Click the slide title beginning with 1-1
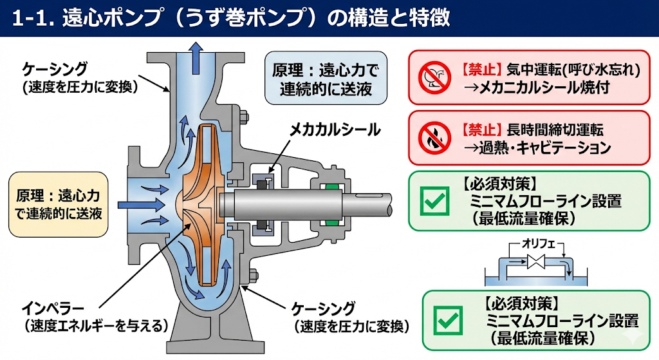[x=231, y=18]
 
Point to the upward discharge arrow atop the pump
[x=196, y=58]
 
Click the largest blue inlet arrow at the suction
[x=141, y=205]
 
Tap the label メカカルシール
[x=335, y=129]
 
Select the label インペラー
[x=53, y=309]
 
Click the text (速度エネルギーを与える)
[x=96, y=326]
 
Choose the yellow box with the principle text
[x=59, y=204]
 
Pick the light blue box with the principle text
[x=326, y=78]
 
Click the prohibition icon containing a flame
[x=434, y=138]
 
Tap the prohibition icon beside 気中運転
[x=434, y=78]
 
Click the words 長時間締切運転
[x=555, y=129]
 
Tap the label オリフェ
[x=539, y=243]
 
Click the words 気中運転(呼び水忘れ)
[x=573, y=70]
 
